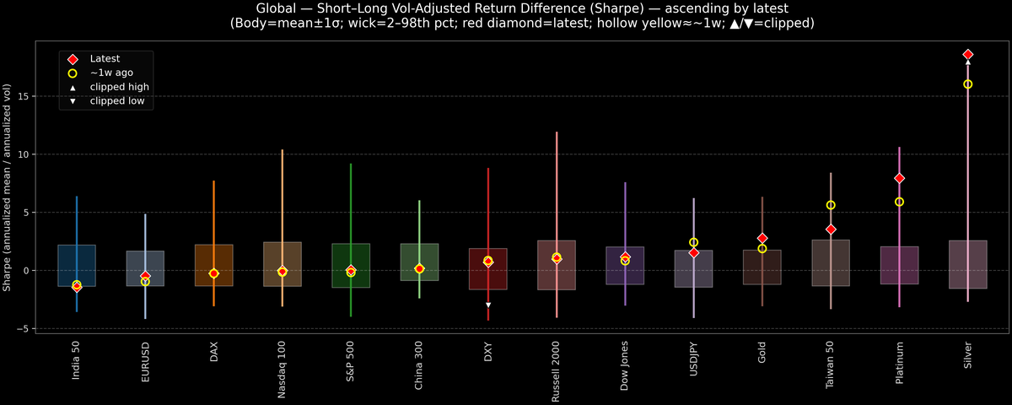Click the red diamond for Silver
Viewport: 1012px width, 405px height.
[967, 54]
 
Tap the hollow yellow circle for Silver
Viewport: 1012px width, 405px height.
[967, 84]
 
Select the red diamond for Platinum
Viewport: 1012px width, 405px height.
[899, 178]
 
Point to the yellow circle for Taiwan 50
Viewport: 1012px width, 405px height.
[831, 205]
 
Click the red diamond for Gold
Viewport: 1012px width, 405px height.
[762, 239]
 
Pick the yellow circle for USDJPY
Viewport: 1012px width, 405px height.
[693, 243]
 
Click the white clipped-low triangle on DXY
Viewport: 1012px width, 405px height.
[487, 305]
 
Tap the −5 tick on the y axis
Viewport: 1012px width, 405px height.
[24, 328]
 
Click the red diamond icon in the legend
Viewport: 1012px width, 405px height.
[73, 59]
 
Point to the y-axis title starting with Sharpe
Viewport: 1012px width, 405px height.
[8, 188]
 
